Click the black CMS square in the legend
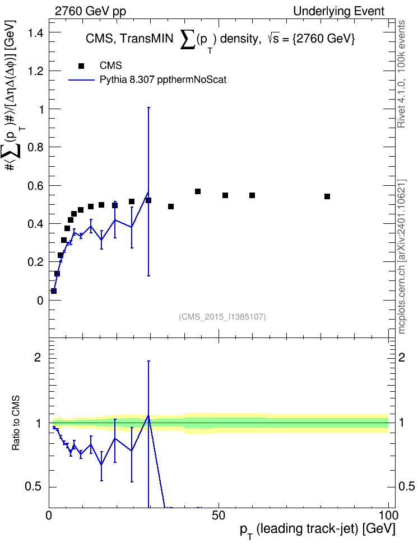81,66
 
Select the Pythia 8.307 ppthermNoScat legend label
163,80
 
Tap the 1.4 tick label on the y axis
35,34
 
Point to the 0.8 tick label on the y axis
35,147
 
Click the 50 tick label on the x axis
218,515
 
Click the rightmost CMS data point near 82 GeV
327,196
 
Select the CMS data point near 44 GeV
198,191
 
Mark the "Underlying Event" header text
339,11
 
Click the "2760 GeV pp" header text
90,11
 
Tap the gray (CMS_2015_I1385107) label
222,317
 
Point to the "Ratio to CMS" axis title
16,423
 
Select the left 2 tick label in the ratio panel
38,357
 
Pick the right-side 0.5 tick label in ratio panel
406,486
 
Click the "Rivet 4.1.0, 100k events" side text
401,74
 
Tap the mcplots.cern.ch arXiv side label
402,257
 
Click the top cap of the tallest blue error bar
148,107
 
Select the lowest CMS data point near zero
53,290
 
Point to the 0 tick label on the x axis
49,515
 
